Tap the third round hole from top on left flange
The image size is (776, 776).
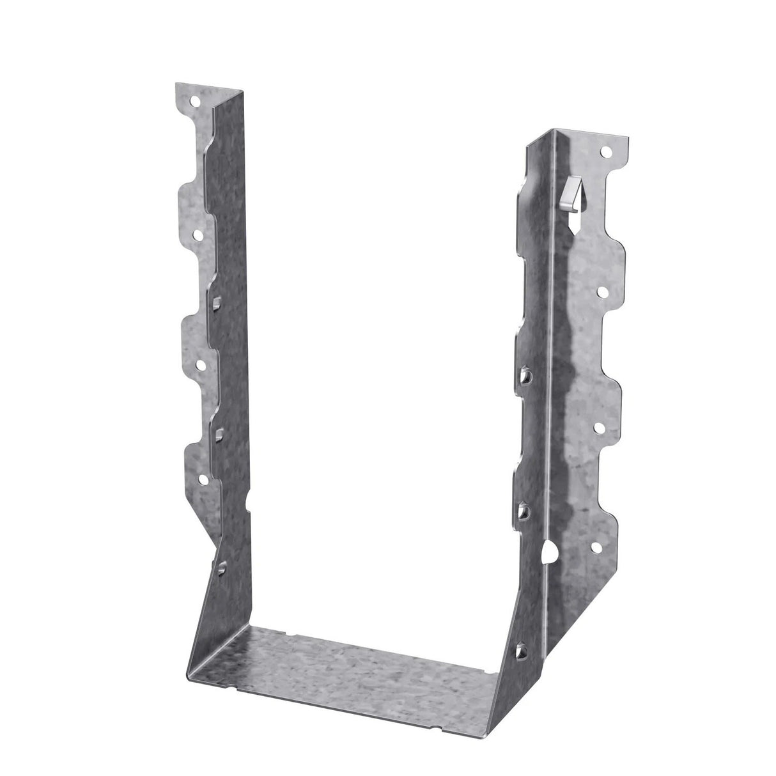(x=201, y=365)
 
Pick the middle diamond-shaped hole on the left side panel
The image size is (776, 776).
(x=219, y=434)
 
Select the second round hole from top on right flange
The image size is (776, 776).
(x=602, y=290)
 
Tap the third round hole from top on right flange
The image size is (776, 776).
(x=600, y=428)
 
